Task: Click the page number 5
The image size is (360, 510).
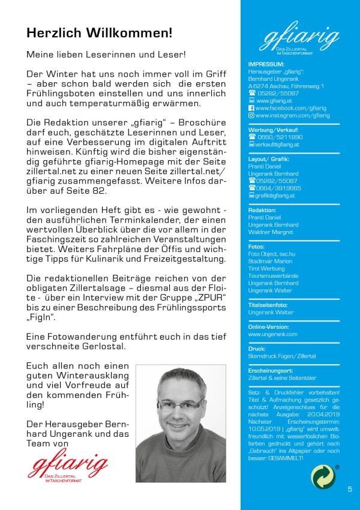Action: (x=350, y=489)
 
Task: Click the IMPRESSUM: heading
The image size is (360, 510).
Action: (x=266, y=64)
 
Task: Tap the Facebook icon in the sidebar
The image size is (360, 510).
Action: (x=251, y=108)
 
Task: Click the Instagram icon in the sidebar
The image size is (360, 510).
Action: (x=251, y=115)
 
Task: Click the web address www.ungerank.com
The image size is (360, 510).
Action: (x=272, y=334)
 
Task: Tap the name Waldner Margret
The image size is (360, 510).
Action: (x=271, y=232)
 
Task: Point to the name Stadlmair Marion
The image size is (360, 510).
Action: (x=271, y=262)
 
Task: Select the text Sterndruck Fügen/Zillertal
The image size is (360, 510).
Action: (x=281, y=356)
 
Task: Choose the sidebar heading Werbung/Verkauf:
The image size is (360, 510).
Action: (x=273, y=130)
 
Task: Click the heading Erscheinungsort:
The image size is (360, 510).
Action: (x=272, y=371)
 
